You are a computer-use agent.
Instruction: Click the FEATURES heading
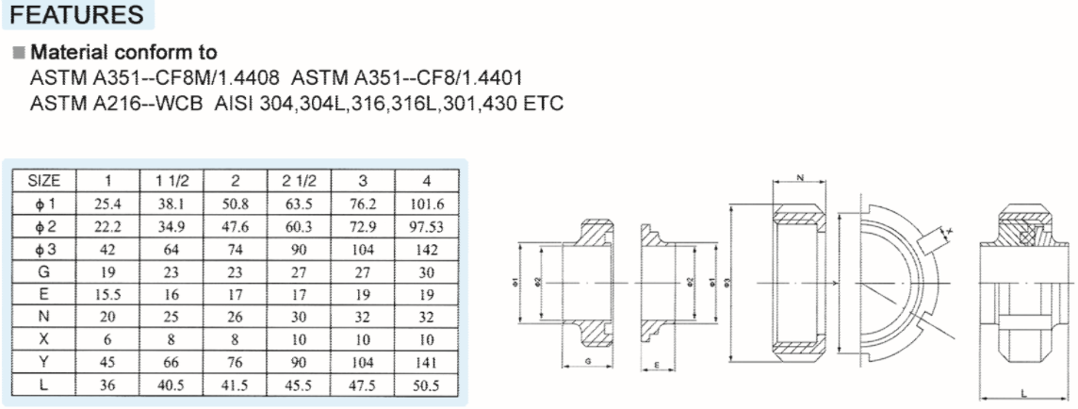[82, 15]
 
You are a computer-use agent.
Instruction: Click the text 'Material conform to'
[124, 52]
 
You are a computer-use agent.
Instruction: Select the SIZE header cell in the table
[44, 181]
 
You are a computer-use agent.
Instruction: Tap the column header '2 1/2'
[299, 181]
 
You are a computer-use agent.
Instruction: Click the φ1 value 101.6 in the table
[427, 204]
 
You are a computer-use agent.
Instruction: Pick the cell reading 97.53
[427, 226]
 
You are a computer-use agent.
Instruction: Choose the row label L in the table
[44, 384]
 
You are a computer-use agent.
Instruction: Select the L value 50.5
[427, 384]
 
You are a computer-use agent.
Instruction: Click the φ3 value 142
[427, 249]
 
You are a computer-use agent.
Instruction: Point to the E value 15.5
[107, 294]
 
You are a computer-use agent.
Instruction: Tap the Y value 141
[427, 362]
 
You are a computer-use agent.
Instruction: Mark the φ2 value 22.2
[107, 226]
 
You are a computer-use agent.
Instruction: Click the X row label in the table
[44, 339]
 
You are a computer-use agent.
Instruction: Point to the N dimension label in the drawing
[799, 176]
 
